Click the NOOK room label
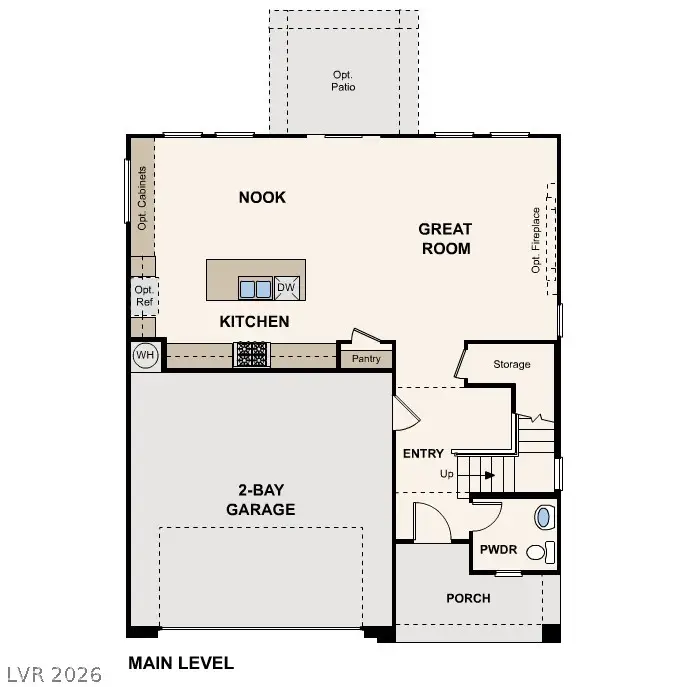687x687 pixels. click(262, 197)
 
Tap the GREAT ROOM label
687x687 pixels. click(445, 239)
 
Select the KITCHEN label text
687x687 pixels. click(255, 321)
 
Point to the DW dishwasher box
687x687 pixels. click(287, 288)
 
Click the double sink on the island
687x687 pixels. click(255, 289)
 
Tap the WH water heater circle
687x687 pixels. click(145, 355)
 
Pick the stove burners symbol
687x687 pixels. click(251, 354)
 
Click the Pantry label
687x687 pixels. click(366, 358)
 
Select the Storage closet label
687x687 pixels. click(511, 365)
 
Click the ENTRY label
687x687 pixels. click(423, 454)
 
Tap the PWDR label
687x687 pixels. click(497, 549)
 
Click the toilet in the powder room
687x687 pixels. click(542, 517)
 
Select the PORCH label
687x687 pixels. click(468, 598)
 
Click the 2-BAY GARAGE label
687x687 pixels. click(259, 500)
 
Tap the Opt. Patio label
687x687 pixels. click(344, 81)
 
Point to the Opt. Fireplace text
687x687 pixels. click(536, 240)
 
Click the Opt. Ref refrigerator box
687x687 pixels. click(144, 296)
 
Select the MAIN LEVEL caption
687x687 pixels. click(181, 662)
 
